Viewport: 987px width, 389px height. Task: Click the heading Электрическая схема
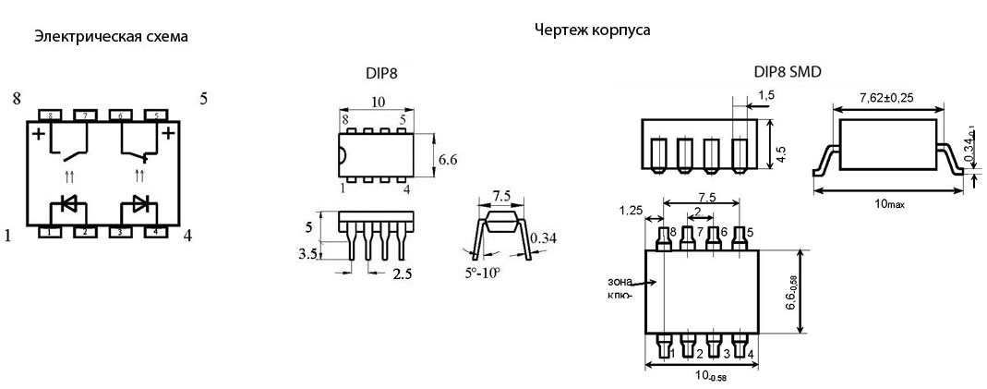pyautogui.click(x=111, y=37)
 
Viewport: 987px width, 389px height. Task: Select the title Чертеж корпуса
pyautogui.click(x=592, y=30)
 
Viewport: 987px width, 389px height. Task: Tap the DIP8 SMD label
pyautogui.click(x=788, y=72)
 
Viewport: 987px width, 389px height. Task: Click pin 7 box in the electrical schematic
pyautogui.click(x=84, y=115)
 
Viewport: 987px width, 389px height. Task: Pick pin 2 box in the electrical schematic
pyautogui.click(x=84, y=231)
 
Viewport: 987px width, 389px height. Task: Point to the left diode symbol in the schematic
pyautogui.click(x=68, y=204)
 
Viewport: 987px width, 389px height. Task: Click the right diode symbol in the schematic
pyautogui.click(x=139, y=204)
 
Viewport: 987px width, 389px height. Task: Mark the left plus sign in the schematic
pyautogui.click(x=39, y=135)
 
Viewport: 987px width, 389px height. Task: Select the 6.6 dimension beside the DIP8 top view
pyautogui.click(x=448, y=159)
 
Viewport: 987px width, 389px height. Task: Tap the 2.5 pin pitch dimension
pyautogui.click(x=403, y=274)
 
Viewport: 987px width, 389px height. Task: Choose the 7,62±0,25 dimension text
pyautogui.click(x=887, y=96)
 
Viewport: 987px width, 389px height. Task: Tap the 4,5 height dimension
pyautogui.click(x=782, y=152)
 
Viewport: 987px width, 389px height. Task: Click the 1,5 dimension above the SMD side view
pyautogui.click(x=765, y=95)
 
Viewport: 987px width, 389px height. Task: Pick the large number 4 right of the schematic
pyautogui.click(x=188, y=235)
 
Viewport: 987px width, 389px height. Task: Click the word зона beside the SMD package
pyautogui.click(x=620, y=280)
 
